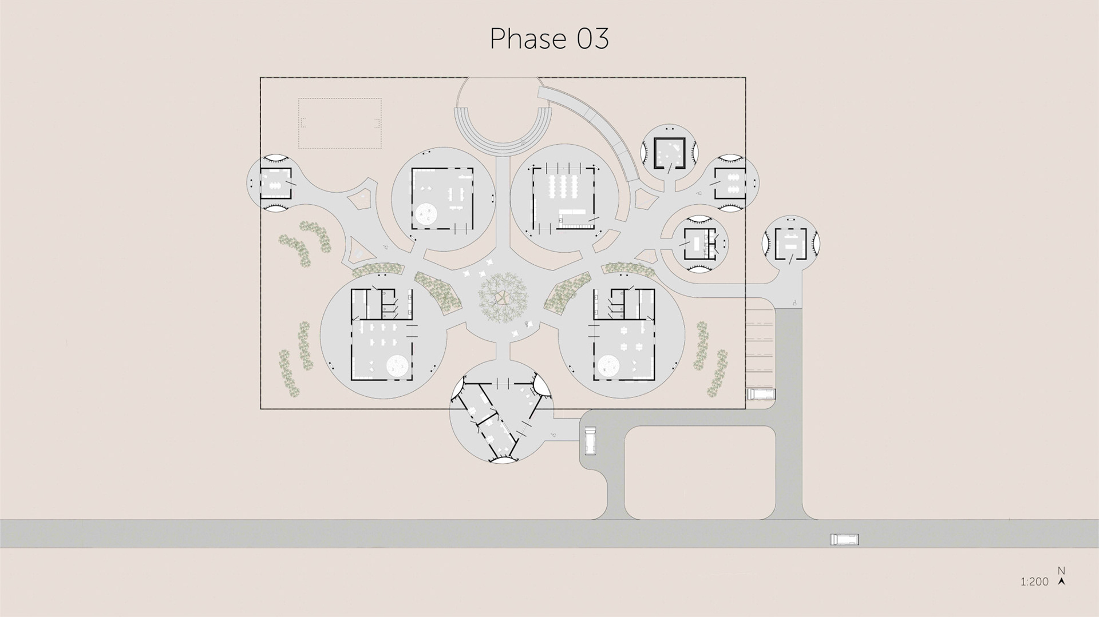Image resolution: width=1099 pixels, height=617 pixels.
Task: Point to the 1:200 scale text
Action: [x=1034, y=582]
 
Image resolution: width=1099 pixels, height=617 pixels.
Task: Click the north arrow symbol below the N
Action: [x=1062, y=582]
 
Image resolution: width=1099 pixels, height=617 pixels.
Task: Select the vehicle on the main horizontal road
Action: [x=844, y=539]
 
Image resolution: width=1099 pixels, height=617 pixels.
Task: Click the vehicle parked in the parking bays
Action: [x=761, y=394]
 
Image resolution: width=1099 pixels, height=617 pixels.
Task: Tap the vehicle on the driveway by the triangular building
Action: [x=590, y=441]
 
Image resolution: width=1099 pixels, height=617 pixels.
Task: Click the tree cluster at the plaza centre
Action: [x=504, y=298]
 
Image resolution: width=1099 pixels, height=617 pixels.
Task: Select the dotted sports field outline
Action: [x=340, y=124]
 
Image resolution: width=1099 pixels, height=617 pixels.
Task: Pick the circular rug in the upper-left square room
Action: [x=427, y=214]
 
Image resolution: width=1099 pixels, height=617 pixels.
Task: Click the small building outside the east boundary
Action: [x=791, y=244]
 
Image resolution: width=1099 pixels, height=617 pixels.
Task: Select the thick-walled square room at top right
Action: [x=670, y=153]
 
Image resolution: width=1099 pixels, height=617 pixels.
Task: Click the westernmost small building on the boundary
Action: [x=275, y=184]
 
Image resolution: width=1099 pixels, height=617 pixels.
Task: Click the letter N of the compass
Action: [x=1061, y=571]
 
